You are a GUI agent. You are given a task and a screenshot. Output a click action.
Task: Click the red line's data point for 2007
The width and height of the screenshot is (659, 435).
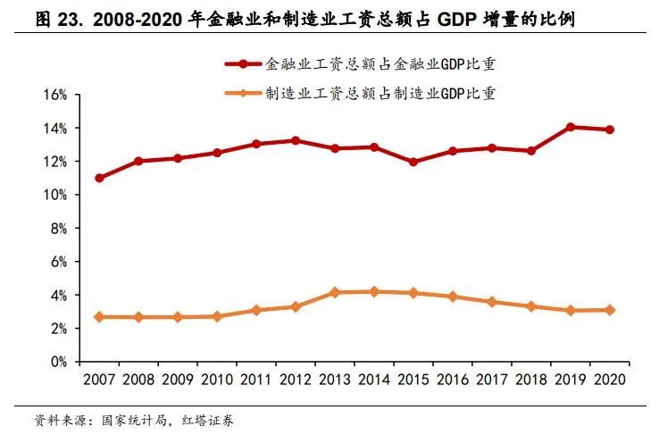click(99, 178)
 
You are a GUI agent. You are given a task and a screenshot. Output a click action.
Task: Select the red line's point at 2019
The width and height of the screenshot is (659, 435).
click(571, 127)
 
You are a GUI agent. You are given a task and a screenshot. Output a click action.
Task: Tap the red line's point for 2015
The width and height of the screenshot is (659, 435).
click(413, 163)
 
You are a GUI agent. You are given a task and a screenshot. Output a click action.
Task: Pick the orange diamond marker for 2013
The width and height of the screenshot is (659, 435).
click(334, 292)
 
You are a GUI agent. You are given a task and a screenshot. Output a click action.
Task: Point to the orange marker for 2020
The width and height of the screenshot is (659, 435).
click(610, 310)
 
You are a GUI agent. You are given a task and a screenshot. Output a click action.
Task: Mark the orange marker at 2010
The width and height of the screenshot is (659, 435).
click(217, 316)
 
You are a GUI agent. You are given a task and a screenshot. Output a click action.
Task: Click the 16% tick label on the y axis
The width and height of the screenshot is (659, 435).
click(55, 95)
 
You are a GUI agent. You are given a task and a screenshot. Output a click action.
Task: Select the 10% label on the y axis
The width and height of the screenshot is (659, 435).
click(55, 195)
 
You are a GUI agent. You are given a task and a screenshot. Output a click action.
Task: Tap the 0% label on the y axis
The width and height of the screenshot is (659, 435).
click(59, 362)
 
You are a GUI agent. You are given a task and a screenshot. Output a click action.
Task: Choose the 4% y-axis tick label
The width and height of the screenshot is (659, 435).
click(59, 296)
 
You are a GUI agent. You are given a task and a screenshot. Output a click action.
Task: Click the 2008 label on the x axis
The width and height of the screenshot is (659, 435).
click(138, 380)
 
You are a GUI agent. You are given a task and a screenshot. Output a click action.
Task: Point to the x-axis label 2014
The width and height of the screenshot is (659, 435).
click(374, 380)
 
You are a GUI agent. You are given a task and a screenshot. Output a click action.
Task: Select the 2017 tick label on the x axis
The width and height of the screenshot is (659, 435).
click(492, 380)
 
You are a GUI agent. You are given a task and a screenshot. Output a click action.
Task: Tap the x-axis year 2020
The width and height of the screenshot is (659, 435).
click(610, 380)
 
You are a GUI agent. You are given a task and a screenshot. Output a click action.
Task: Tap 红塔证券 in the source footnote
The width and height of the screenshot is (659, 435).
click(210, 418)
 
